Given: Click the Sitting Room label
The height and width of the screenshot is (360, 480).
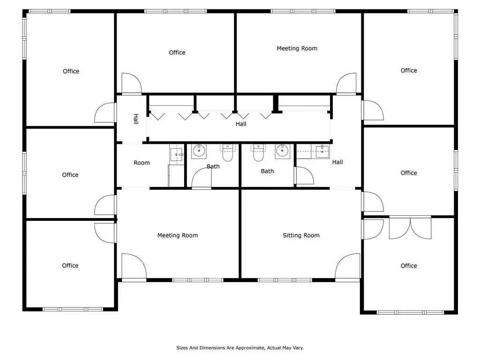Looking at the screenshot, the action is point(301,235).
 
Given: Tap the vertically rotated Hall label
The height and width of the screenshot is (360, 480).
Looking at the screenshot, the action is point(136,119).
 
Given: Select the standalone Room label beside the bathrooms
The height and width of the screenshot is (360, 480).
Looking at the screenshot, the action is point(142,163).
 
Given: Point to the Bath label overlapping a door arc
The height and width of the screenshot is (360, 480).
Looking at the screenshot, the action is point(213,166).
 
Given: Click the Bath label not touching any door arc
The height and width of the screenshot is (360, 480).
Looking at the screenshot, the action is point(267,171).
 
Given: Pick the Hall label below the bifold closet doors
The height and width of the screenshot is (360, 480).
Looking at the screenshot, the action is point(241,124).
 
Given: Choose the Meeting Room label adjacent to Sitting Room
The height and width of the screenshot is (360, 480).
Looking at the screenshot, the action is point(178,235).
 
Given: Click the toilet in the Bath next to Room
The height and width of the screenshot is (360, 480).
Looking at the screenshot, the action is point(227,153).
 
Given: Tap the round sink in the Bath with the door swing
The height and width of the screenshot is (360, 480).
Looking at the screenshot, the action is point(199,151).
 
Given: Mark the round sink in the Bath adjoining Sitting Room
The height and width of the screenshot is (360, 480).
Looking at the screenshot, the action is point(282,151).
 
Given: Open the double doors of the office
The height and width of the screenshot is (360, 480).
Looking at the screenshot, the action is point(410,228).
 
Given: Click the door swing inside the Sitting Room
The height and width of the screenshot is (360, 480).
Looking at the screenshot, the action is point(347,267).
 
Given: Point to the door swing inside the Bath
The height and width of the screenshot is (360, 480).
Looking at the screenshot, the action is point(202,178).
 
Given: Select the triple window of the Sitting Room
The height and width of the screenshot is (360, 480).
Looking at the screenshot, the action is point(285,280).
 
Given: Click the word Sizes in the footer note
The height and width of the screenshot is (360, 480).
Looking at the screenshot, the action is point(182,348).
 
